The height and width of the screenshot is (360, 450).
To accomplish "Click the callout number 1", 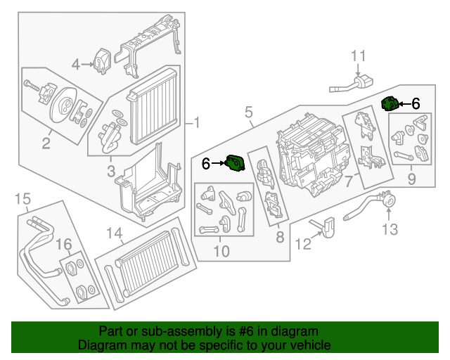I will point(197,124).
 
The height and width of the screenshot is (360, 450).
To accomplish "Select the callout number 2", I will point(46,145).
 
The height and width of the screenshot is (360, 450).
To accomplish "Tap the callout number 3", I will point(112,171).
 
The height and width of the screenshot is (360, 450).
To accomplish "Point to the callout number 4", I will point(76,65).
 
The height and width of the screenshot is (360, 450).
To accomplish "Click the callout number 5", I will point(249,112).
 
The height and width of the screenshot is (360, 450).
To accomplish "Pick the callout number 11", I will point(359,55).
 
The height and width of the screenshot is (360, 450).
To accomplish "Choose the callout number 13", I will point(390,229).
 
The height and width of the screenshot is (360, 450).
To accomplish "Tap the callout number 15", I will point(23,199).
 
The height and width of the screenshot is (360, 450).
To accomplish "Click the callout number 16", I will point(64,244).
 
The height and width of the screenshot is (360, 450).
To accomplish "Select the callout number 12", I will point(302,244).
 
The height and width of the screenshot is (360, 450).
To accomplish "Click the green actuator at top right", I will point(390,104).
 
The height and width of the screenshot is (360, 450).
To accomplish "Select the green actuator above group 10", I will point(234,163).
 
